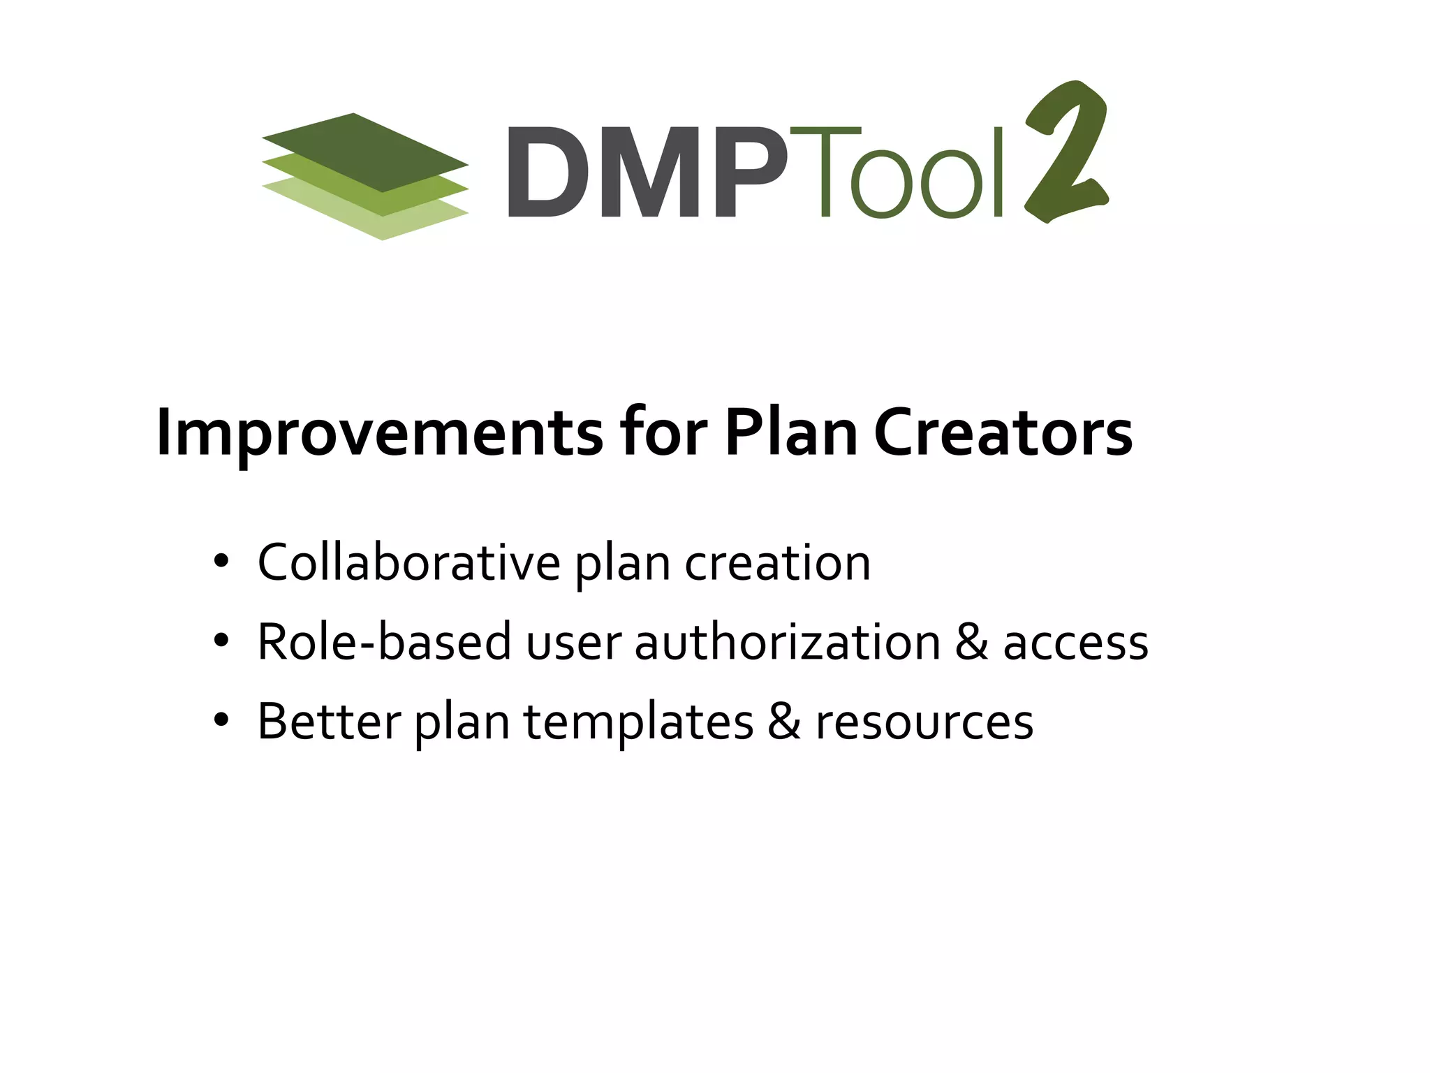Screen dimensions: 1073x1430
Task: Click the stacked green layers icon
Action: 364,176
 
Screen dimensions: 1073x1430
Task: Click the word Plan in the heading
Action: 791,433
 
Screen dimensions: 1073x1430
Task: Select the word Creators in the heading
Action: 1003,433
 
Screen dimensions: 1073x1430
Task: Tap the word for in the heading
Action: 663,433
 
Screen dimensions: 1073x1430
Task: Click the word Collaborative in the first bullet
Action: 408,562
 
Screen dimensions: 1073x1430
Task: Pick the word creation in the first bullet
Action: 777,563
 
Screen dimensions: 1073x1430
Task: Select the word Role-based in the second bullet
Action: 384,642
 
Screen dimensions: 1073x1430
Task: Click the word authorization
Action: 787,642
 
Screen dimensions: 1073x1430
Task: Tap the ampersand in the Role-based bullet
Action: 971,642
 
